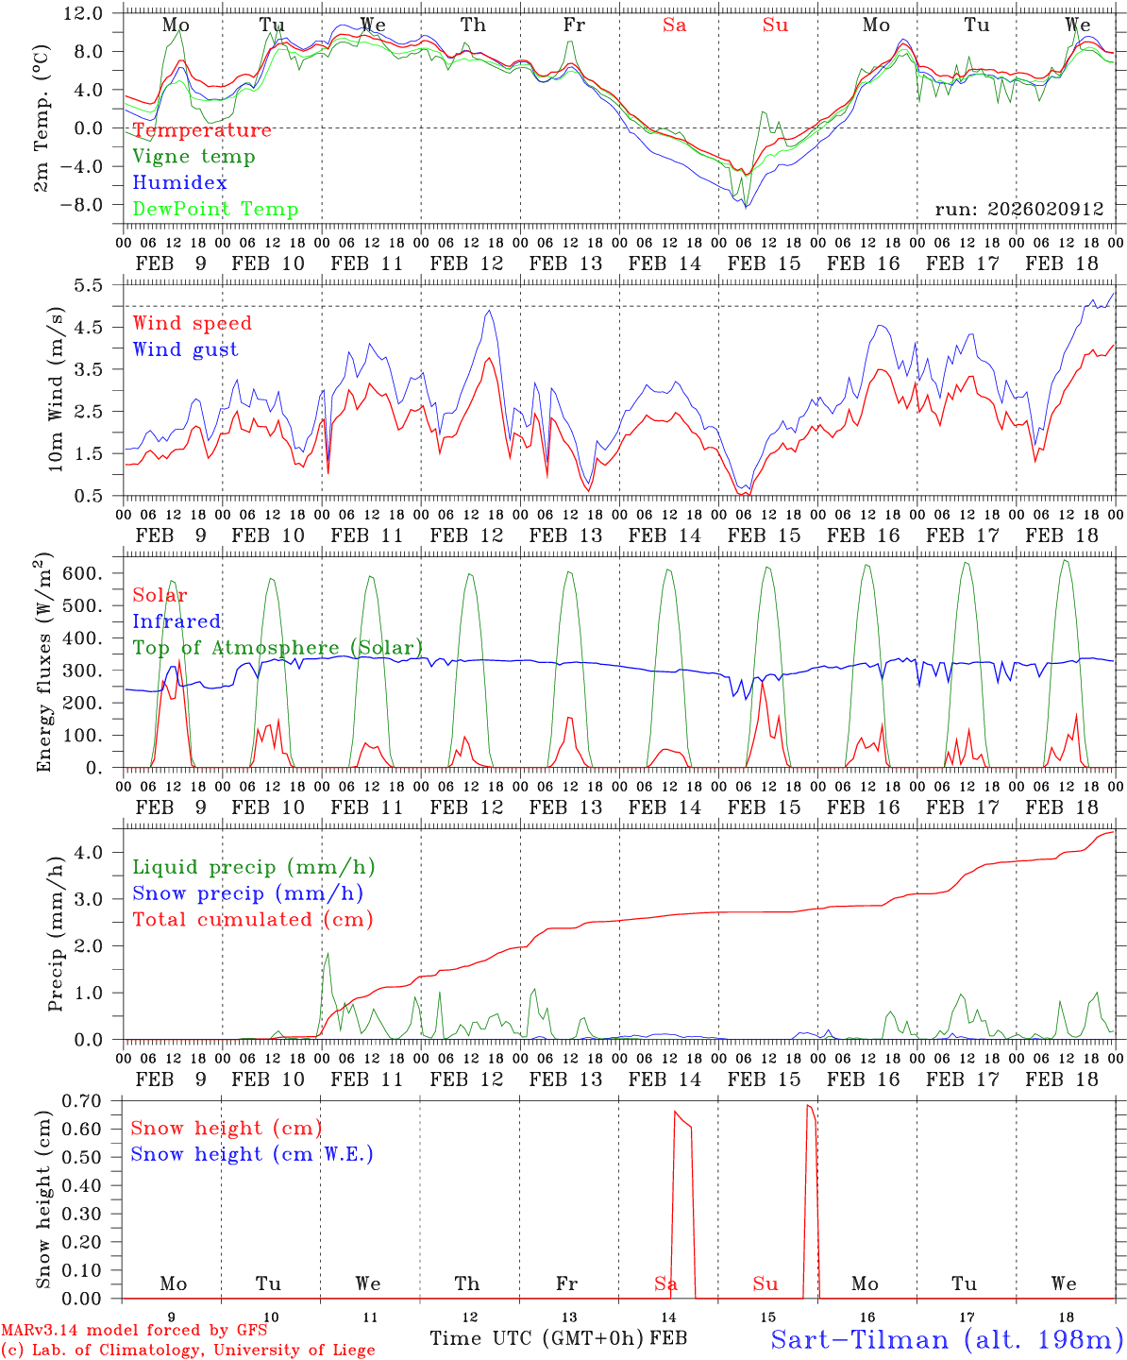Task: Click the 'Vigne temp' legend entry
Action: [193, 157]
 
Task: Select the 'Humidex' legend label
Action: [179, 183]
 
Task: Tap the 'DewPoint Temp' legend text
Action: [215, 210]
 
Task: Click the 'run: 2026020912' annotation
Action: [1018, 209]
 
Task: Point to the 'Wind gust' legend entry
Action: [185, 349]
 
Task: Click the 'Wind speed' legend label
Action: [193, 323]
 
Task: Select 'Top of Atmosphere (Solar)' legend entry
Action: [278, 648]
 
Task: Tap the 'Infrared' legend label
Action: [177, 621]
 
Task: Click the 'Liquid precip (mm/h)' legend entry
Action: [254, 867]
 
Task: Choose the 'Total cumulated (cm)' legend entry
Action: [253, 919]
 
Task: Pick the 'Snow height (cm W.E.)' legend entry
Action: [252, 1154]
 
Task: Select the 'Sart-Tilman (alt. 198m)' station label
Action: [946, 1339]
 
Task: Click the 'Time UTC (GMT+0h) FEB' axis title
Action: [558, 1338]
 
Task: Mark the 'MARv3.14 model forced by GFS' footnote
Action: [134, 1331]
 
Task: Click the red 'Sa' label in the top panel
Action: [674, 25]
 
